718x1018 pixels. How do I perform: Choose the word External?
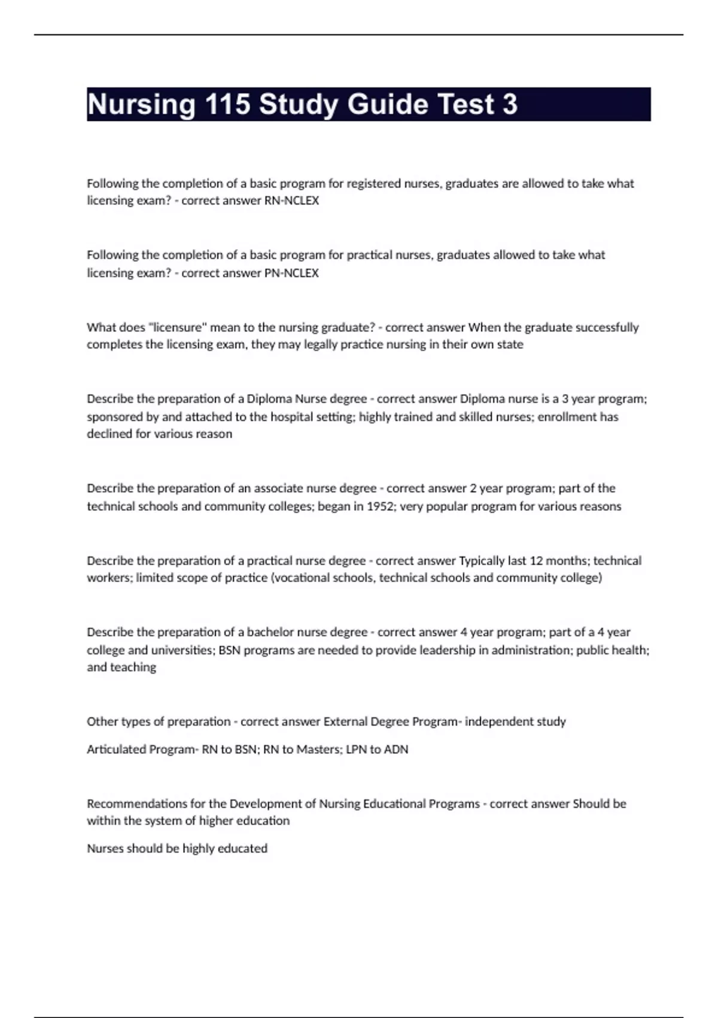coord(346,722)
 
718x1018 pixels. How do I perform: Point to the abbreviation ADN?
coord(395,750)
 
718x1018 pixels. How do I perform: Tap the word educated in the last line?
coord(245,849)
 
